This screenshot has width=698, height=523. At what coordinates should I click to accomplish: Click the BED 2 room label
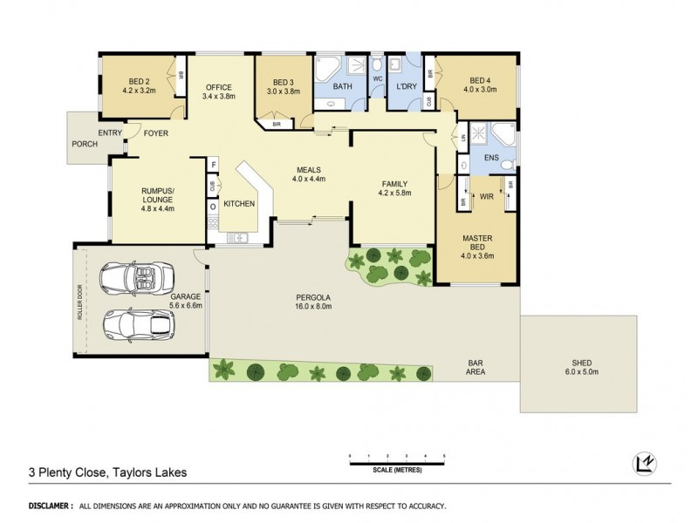pyautogui.click(x=138, y=79)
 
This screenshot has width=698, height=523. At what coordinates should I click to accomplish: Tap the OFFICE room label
pyautogui.click(x=217, y=87)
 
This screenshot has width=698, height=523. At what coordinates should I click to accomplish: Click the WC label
pyautogui.click(x=378, y=79)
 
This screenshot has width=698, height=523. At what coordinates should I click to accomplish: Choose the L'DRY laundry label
pyautogui.click(x=405, y=87)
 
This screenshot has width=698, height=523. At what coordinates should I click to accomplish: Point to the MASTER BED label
pyautogui.click(x=478, y=241)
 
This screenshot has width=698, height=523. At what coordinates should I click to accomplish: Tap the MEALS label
pyautogui.click(x=308, y=169)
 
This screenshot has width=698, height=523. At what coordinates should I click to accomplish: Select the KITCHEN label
pyautogui.click(x=239, y=203)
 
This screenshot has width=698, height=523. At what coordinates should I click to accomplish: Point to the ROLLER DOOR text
pyautogui.click(x=80, y=300)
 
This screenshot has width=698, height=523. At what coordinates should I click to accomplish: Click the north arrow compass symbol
pyautogui.click(x=643, y=464)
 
